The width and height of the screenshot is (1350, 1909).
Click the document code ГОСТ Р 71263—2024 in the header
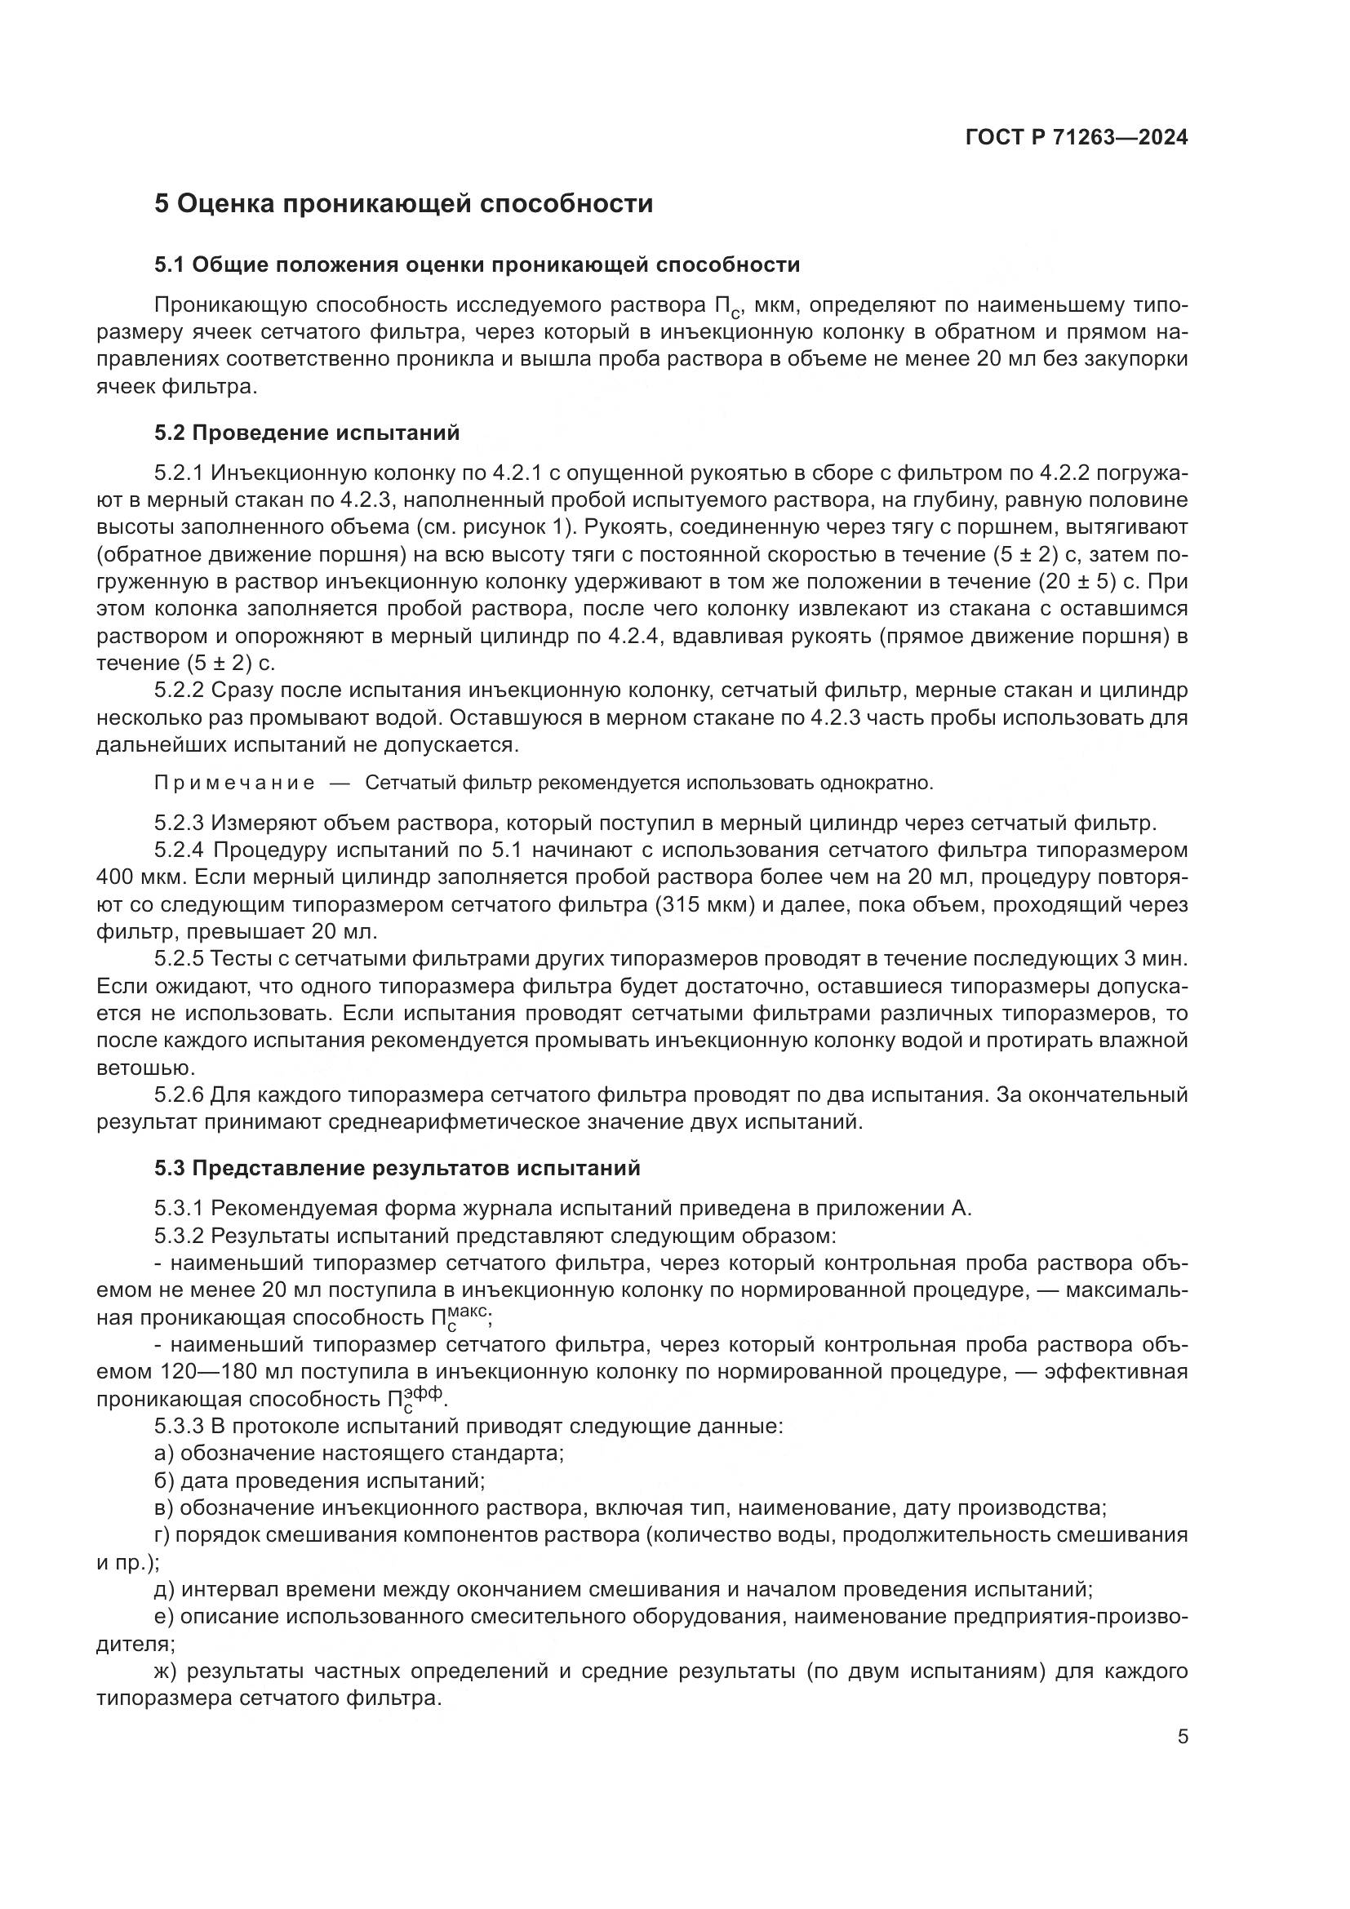(x=1076, y=138)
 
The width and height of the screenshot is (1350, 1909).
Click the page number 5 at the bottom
(x=1183, y=1737)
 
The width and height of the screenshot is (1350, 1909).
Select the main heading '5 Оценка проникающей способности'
(x=403, y=204)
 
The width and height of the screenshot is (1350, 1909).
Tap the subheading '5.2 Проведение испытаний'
(x=306, y=433)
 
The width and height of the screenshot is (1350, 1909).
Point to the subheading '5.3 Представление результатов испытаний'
(x=397, y=1168)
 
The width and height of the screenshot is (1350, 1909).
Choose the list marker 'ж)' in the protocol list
(x=166, y=1671)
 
